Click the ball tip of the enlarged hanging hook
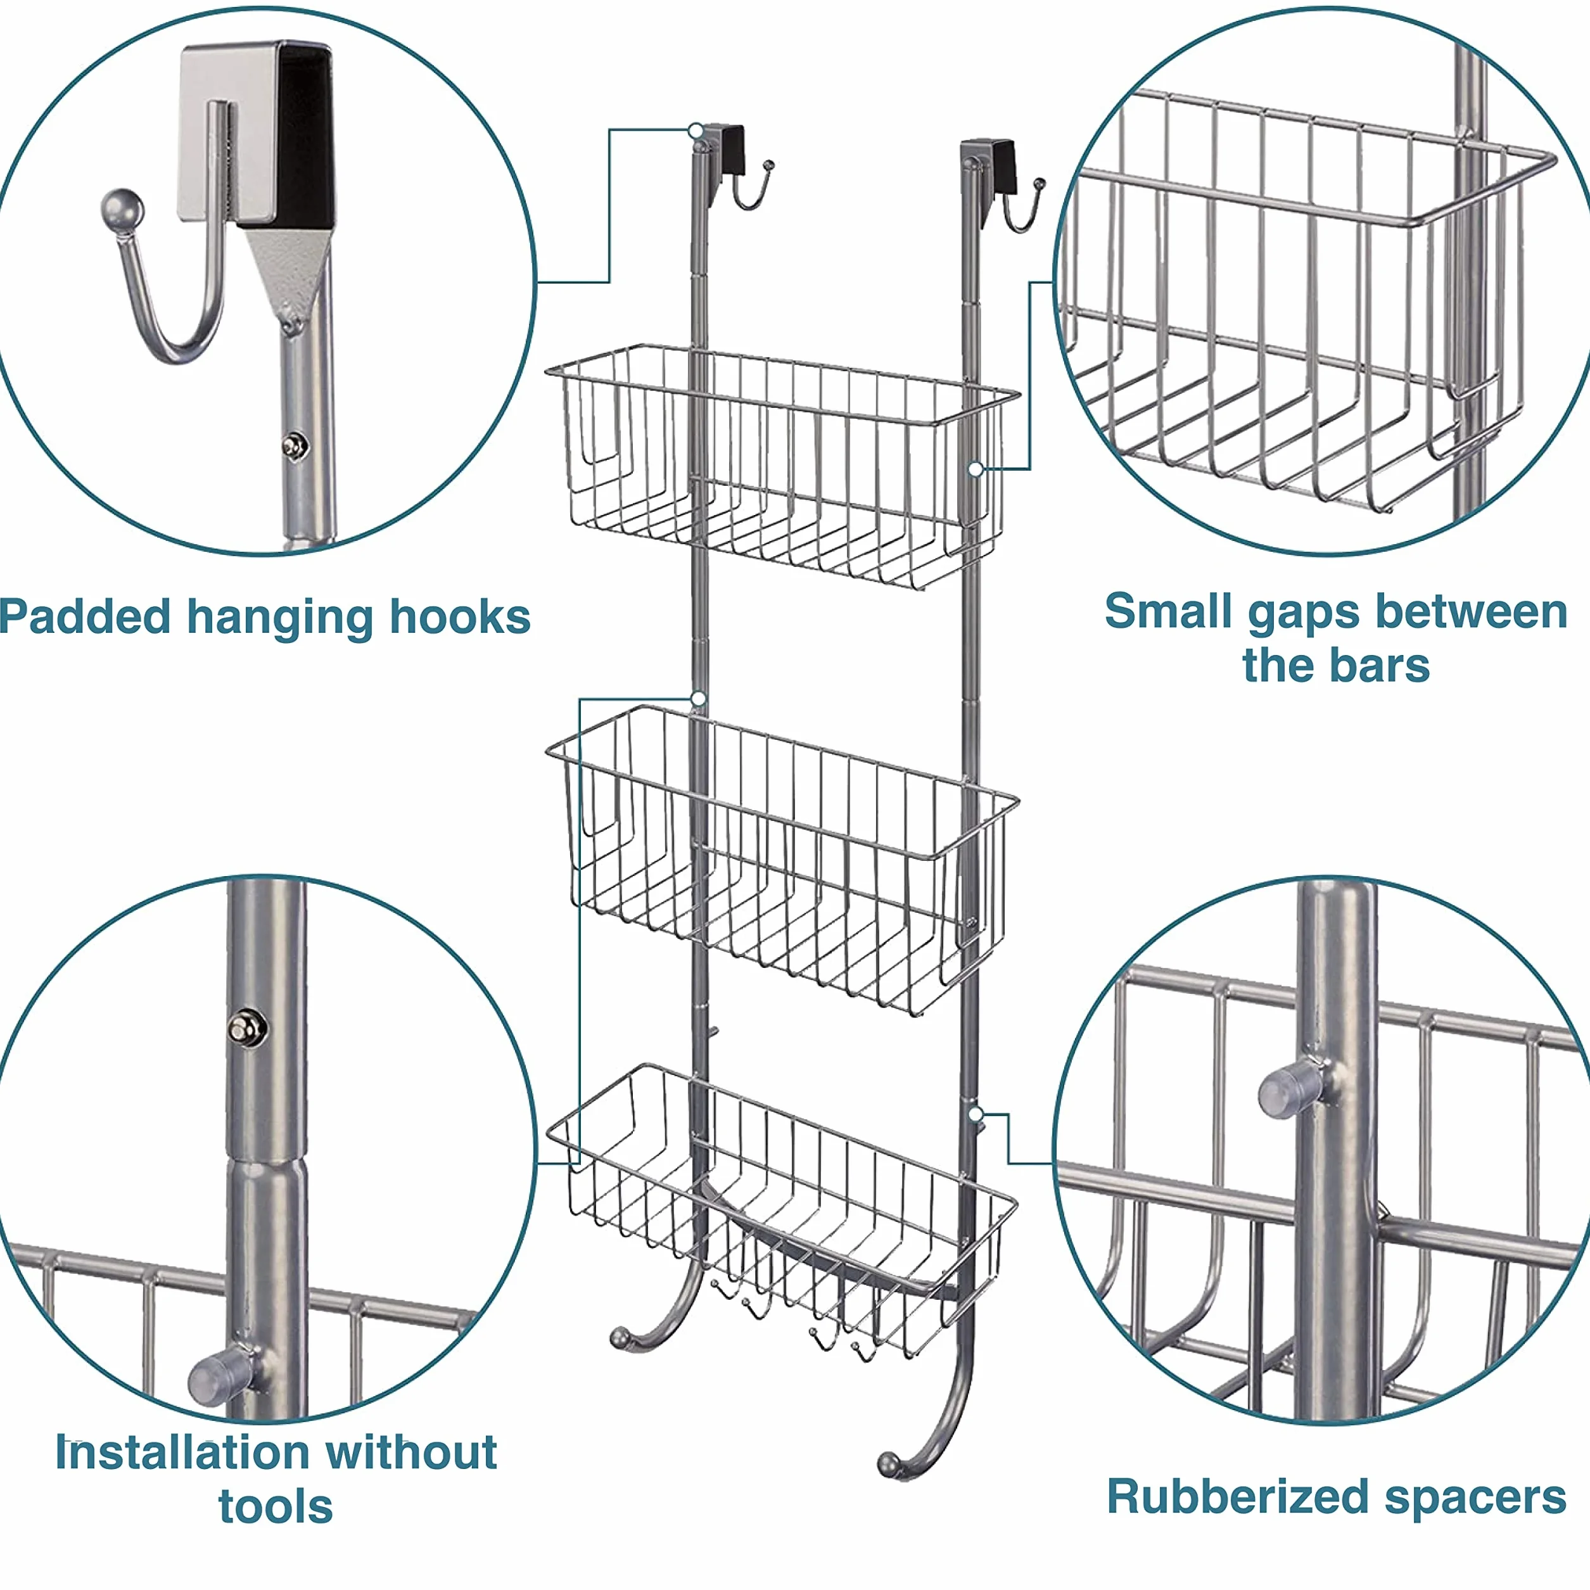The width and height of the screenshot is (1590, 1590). click(x=122, y=212)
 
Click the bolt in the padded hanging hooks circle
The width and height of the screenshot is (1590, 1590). click(x=293, y=445)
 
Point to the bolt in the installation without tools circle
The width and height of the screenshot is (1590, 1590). click(x=245, y=1028)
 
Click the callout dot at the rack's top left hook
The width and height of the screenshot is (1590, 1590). click(x=696, y=130)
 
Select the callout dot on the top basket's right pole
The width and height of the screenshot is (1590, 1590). click(x=976, y=469)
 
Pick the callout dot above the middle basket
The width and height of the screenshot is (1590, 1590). click(x=698, y=699)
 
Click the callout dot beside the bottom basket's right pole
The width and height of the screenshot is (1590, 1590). click(x=976, y=1114)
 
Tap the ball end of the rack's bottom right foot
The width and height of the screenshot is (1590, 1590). click(x=889, y=1465)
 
